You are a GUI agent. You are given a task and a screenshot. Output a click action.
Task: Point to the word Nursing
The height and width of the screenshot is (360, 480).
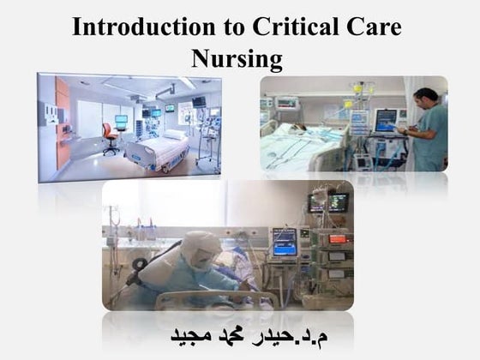click(x=237, y=58)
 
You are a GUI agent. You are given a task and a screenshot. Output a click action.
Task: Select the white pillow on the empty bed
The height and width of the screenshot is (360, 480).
click(x=174, y=135)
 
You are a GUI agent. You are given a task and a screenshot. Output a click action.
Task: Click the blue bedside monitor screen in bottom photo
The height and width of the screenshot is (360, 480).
click(x=284, y=241)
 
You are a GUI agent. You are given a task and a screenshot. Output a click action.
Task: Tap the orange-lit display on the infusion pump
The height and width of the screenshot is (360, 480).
click(x=337, y=239)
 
